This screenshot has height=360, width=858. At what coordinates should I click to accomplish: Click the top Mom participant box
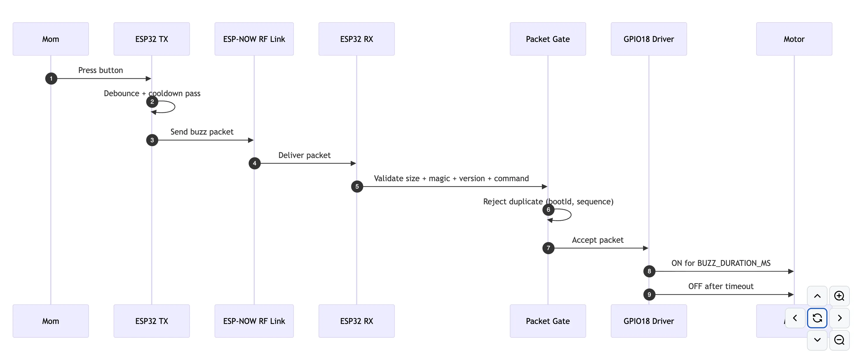click(51, 39)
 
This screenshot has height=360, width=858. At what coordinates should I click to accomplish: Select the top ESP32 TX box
click(152, 39)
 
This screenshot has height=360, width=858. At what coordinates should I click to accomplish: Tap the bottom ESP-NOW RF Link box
click(254, 321)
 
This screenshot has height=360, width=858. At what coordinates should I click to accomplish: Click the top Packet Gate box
click(547, 39)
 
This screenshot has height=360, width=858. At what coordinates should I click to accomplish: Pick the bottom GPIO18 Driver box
click(649, 321)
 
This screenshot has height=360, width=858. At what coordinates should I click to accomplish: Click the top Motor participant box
click(794, 39)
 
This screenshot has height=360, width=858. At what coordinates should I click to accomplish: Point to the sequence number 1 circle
click(51, 79)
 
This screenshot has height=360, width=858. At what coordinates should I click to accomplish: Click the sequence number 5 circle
click(357, 186)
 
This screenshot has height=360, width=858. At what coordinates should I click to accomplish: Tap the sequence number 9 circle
click(649, 294)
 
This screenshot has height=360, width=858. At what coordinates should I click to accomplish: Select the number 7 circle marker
click(548, 248)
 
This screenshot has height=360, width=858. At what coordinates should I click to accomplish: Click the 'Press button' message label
click(101, 70)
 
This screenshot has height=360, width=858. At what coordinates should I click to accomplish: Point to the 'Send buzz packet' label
click(202, 132)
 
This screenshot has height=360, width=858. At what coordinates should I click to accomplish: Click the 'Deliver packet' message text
click(304, 155)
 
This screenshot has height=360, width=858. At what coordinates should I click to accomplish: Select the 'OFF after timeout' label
click(721, 286)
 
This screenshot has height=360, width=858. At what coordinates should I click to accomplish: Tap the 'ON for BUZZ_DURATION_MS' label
click(721, 263)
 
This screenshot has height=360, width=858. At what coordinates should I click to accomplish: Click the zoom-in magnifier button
click(839, 296)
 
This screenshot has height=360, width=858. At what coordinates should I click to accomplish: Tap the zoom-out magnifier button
click(839, 340)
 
